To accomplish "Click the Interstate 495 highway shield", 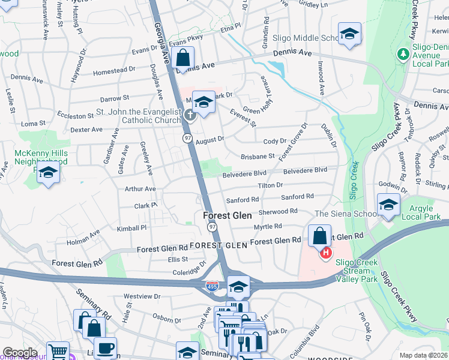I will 212,287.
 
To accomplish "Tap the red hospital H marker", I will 325,253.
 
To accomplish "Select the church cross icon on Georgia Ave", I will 190,115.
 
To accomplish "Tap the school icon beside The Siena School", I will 388,205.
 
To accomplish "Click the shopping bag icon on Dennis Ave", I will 182,59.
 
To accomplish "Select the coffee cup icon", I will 105,348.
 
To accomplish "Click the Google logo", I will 20,353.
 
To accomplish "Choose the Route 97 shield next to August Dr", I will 187,139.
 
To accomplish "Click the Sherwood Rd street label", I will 278,211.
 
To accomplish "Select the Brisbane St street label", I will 257,155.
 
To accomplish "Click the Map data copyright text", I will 423,355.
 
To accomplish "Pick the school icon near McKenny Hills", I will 48,173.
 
